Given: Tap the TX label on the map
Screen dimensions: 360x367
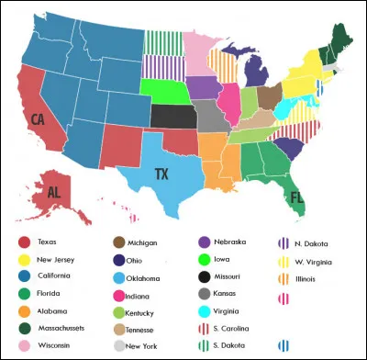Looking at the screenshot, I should tap(161, 174).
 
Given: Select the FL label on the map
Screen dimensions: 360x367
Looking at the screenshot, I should tap(296, 196).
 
